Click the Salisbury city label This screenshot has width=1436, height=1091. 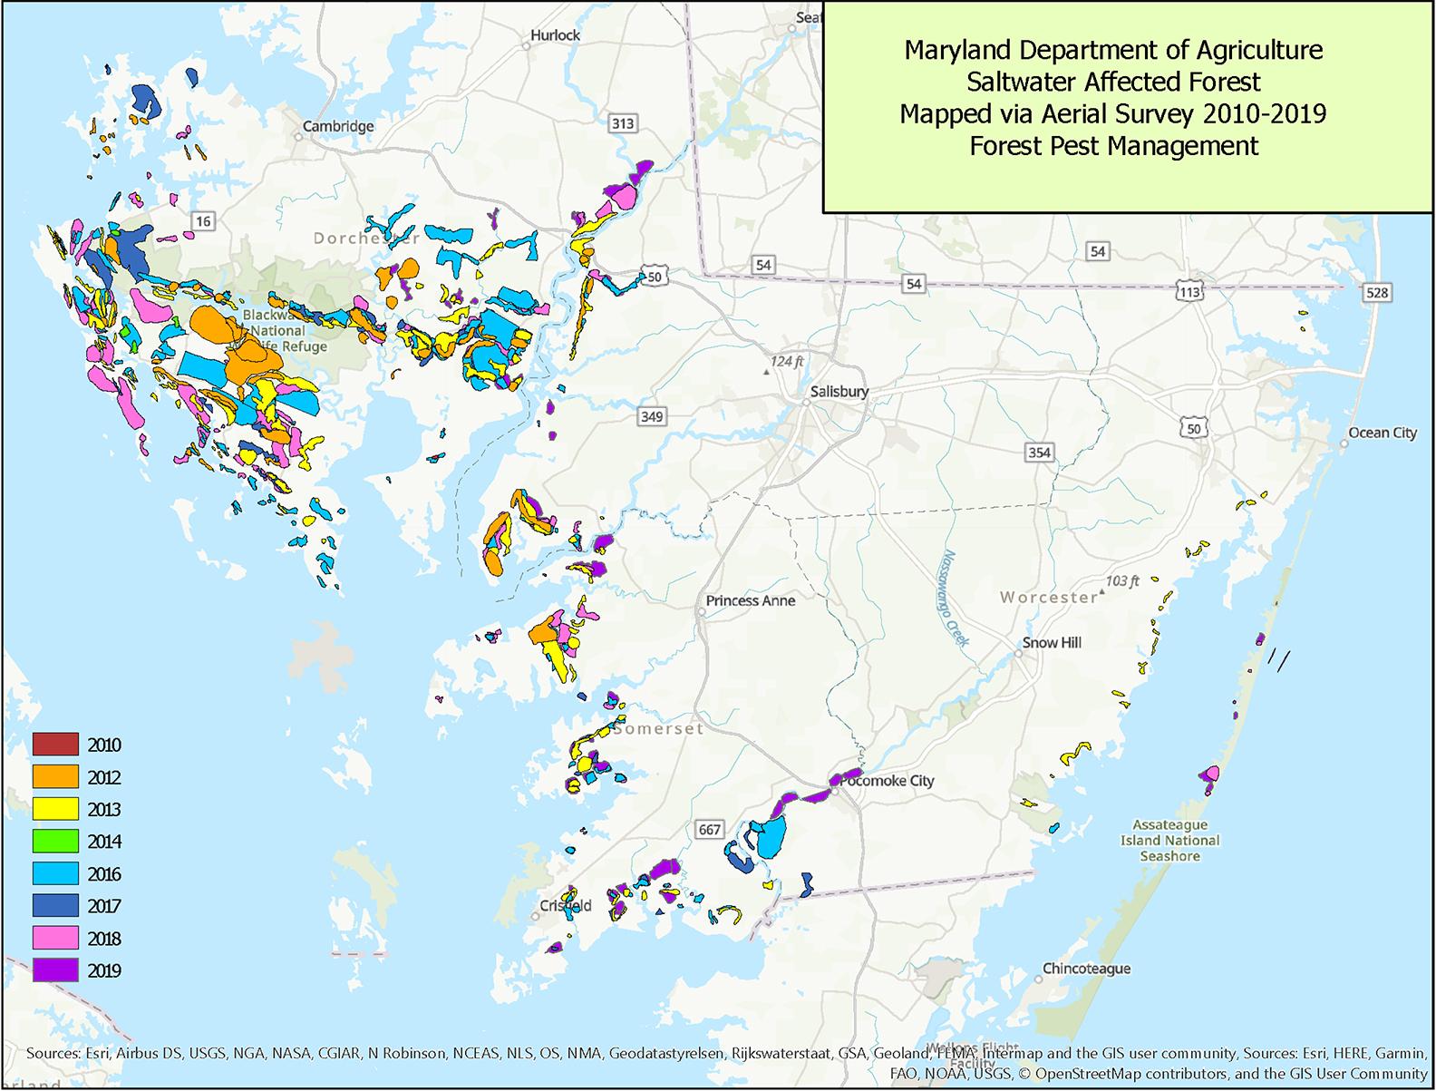[x=839, y=392]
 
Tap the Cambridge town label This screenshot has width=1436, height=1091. [x=338, y=126]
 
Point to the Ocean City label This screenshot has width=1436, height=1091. [x=1382, y=433]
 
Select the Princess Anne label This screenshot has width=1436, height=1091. [x=750, y=600]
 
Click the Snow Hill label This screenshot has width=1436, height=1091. [x=1052, y=642]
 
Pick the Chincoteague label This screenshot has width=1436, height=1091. [x=1086, y=969]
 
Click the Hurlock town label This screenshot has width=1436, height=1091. [x=555, y=34]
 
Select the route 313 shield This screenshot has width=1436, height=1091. [x=623, y=123]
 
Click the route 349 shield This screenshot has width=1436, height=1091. [x=652, y=417]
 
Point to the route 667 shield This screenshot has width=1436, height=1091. [x=709, y=829]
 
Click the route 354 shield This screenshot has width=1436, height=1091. [x=1039, y=452]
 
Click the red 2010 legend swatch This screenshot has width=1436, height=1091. [x=54, y=745]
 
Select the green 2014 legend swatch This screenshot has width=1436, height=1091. [x=54, y=842]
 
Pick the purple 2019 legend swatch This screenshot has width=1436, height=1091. [x=54, y=970]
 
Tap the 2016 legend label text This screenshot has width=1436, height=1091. [x=104, y=874]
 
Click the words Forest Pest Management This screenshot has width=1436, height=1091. [x=1113, y=146]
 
